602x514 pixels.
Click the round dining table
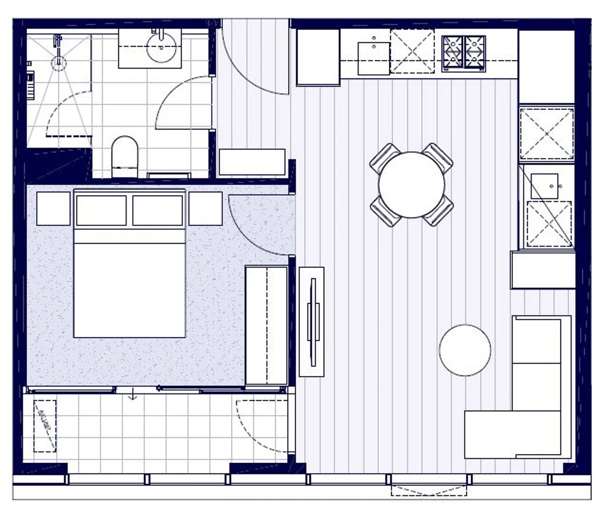point(411,185)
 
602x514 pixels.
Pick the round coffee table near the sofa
point(465,350)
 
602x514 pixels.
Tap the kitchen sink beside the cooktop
point(374,58)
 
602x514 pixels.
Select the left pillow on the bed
point(101,210)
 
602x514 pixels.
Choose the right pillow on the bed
point(157,210)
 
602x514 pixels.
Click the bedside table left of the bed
point(53,208)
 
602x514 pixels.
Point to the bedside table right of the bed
point(205,208)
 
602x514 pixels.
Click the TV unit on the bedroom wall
point(311,322)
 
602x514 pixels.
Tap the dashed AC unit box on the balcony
point(45,426)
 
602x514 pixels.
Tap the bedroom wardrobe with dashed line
point(266,326)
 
